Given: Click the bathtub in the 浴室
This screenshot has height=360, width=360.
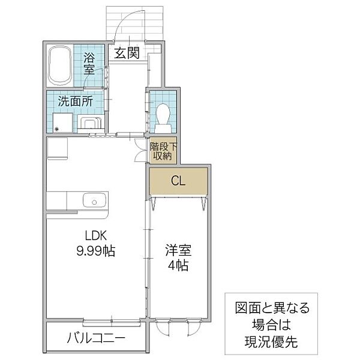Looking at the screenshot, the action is [60, 65].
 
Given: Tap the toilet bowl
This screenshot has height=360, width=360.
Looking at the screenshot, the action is [163, 118].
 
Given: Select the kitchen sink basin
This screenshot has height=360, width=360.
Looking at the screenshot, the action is [95, 200].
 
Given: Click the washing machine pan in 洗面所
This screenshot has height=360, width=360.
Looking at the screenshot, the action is [62, 122].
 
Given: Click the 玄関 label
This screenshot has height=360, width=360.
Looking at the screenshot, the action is [127, 53].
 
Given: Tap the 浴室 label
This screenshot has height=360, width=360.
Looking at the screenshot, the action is [89, 64].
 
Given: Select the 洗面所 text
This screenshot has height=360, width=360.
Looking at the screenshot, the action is [76, 101].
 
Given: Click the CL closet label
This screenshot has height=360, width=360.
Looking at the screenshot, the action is [178, 181].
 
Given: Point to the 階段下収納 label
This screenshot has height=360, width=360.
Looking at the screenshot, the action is [163, 151].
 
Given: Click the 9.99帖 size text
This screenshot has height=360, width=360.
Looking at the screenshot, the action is [95, 251].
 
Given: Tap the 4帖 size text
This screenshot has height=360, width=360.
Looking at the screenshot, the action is [178, 265].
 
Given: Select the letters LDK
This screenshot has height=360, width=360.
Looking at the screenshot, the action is [96, 236].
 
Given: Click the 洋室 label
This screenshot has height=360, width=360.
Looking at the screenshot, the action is [178, 250].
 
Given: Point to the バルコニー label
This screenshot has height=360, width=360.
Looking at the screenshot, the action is [96, 338].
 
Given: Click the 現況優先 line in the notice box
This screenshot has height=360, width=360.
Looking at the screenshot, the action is [271, 342].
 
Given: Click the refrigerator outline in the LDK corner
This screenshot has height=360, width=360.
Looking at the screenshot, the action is [58, 149].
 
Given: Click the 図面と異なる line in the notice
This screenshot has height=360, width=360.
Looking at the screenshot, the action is [272, 308].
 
